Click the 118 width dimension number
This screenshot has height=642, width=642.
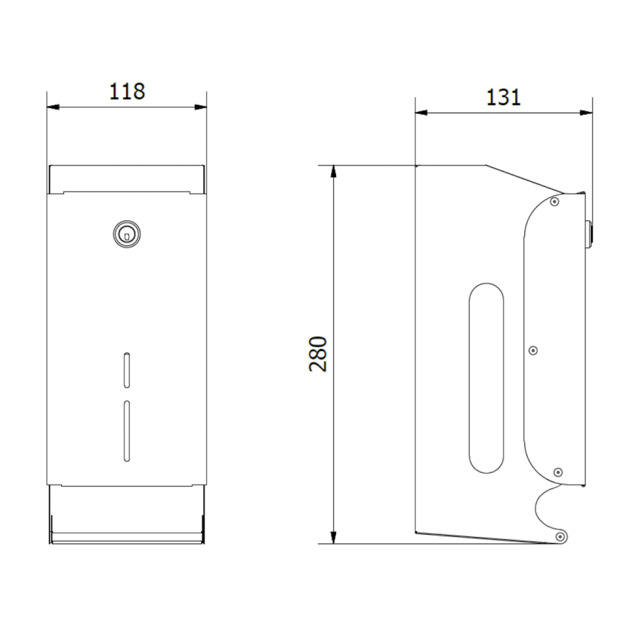pos(127,92)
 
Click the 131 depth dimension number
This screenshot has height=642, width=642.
pos(503,98)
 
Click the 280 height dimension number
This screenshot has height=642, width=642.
pos(318,354)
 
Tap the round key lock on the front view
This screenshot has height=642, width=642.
pos(127,234)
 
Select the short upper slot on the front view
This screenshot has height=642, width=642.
pos(127,370)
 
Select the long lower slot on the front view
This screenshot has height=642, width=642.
pos(127,431)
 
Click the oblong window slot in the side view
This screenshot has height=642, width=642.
pos(486,378)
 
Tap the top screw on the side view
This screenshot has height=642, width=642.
pos(554,201)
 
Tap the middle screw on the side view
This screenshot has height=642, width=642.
pos(533,350)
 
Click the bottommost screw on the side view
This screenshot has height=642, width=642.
pos(560,536)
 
